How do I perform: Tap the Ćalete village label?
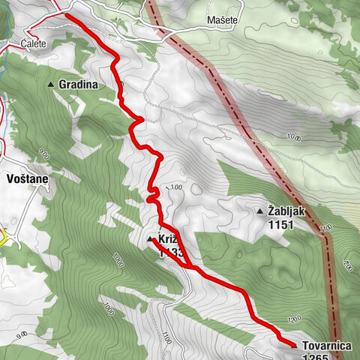[x=34, y=43]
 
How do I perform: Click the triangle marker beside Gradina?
[x=51, y=85]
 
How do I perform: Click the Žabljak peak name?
[x=286, y=211]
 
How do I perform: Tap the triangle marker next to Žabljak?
[x=259, y=211]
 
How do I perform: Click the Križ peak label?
[x=166, y=239]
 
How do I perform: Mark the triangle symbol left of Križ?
[x=149, y=239]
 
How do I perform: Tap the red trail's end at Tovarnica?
[x=292, y=344]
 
